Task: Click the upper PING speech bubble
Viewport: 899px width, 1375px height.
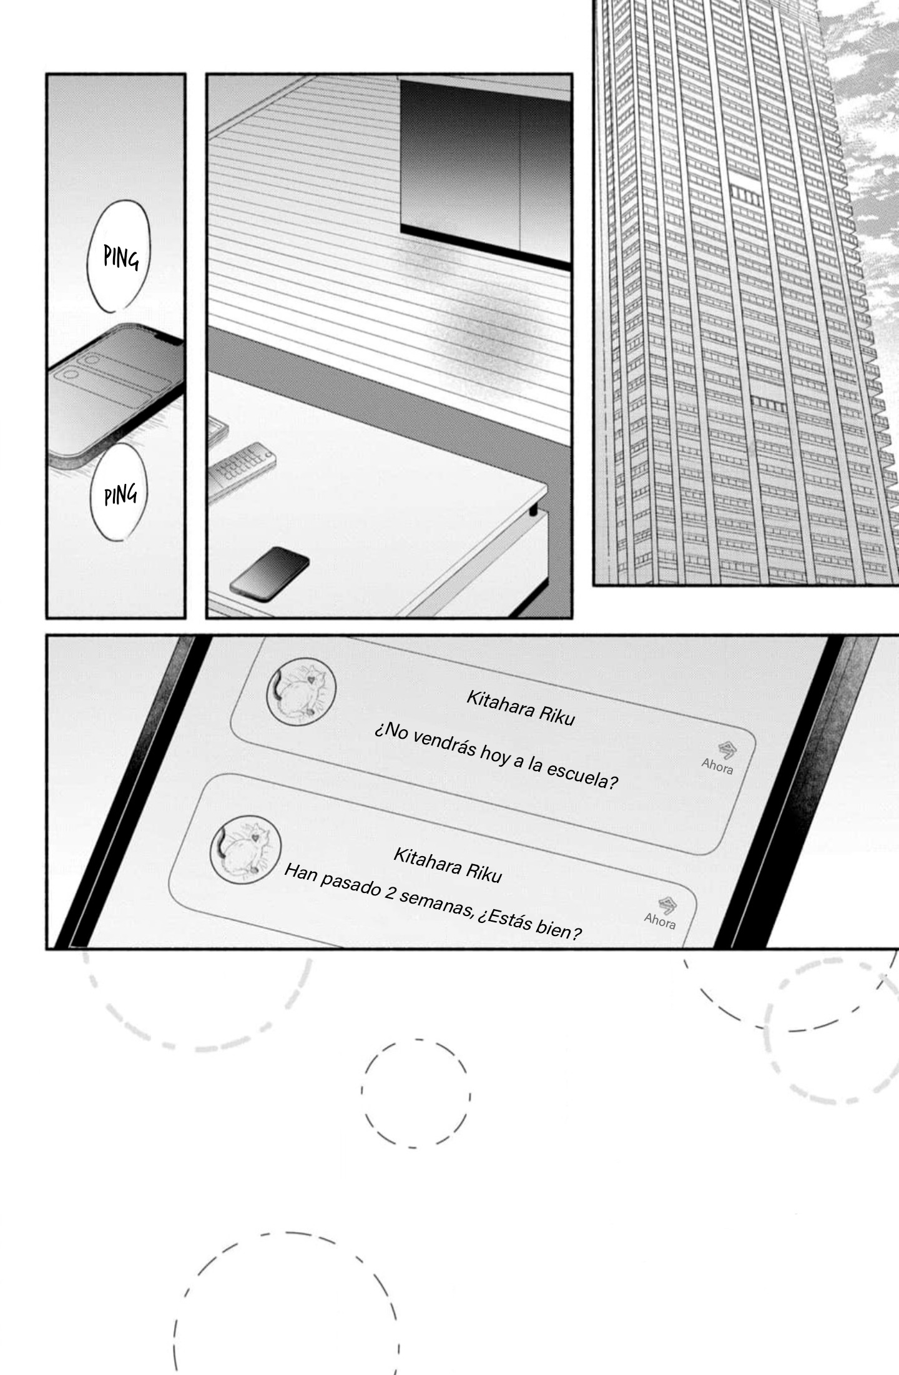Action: (x=119, y=255)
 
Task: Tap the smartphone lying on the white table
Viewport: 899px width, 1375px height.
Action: (x=269, y=573)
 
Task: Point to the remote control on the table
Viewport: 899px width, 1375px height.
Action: (x=241, y=470)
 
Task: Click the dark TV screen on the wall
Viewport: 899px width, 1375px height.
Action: (x=485, y=173)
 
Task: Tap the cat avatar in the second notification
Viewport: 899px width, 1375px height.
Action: (x=245, y=850)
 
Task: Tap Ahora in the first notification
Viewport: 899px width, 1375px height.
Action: (x=717, y=766)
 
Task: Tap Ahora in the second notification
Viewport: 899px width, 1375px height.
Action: (x=660, y=921)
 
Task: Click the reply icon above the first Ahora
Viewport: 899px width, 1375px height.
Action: (x=726, y=749)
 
